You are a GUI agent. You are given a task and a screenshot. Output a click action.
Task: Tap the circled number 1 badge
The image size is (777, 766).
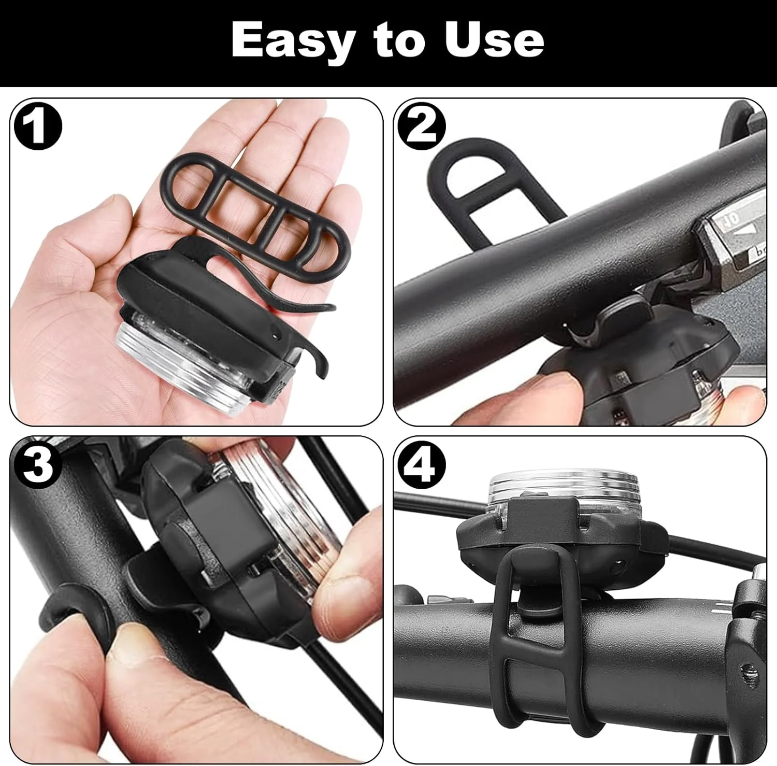point(37,126)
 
